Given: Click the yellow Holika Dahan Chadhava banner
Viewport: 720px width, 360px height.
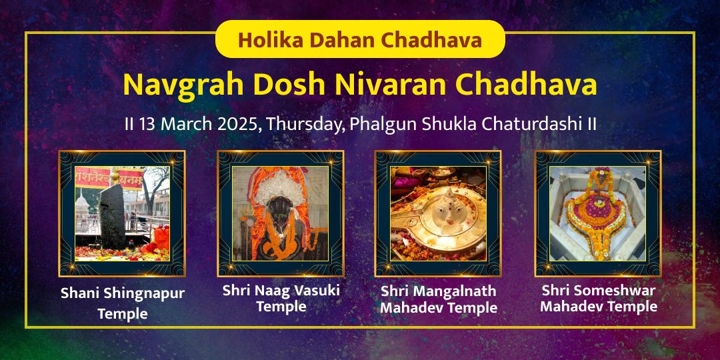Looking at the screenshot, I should point(360,39).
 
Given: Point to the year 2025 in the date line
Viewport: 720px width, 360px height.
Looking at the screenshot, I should point(237,125).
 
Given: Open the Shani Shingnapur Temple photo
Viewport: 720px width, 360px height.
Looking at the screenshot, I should point(122,213).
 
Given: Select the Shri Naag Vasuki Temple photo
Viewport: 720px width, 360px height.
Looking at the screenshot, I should point(281,213).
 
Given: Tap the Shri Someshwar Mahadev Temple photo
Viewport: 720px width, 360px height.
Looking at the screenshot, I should point(598,213).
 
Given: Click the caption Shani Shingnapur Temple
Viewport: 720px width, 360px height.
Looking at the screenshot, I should point(123,303).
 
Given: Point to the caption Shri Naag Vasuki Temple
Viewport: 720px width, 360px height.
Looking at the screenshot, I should point(281,299).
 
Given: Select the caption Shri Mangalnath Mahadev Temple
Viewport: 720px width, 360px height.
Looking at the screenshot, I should point(439,300).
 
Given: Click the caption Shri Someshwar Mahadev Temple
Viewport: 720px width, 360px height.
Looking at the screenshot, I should point(599,299).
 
